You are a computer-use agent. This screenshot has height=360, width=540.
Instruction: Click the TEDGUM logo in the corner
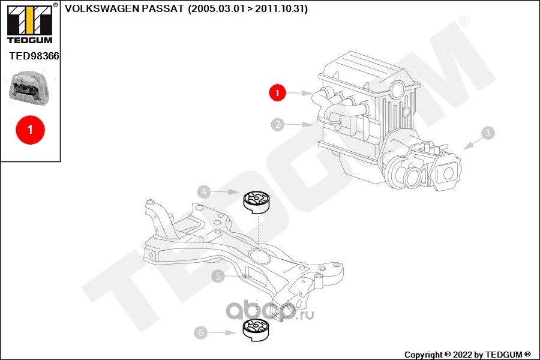(x=30, y=23)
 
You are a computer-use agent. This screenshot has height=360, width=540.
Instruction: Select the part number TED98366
(x=34, y=56)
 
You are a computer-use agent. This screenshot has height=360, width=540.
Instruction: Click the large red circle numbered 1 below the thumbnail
(x=31, y=130)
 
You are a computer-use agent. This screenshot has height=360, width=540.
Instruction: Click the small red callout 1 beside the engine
(x=278, y=92)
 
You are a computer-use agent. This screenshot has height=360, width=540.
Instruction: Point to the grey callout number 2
(x=278, y=124)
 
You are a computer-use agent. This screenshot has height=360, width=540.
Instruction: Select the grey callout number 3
(x=488, y=133)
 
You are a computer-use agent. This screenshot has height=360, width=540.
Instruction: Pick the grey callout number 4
(x=204, y=191)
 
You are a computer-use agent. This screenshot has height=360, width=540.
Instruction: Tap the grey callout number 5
(x=218, y=276)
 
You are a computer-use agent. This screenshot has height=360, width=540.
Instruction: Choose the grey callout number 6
(x=200, y=332)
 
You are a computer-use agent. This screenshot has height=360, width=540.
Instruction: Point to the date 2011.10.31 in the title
(x=280, y=8)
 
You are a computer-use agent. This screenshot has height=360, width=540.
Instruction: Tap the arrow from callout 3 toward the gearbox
(x=473, y=143)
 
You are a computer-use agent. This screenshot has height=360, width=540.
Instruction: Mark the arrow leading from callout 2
(x=299, y=124)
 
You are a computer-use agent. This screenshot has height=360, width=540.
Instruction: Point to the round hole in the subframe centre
(x=259, y=256)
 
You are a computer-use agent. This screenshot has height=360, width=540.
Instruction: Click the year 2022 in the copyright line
(x=463, y=355)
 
